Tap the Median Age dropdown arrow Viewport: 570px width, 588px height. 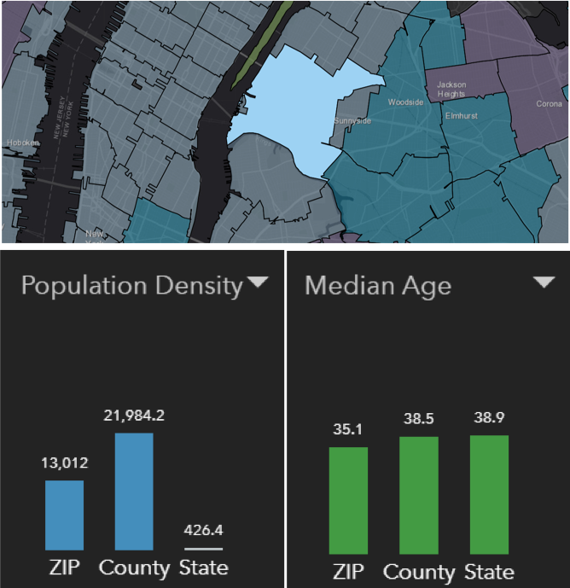pos(544,283)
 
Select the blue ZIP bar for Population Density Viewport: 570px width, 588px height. pos(64,515)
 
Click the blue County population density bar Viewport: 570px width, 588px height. pos(134,491)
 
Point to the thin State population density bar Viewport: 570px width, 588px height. pos(203,548)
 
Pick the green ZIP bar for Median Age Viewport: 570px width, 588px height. pos(348,500)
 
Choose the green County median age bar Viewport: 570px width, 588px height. pos(419,495)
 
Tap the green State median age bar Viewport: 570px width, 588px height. pos(489,494)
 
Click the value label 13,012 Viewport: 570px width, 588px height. pos(64,463)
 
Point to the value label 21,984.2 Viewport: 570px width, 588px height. pos(134,416)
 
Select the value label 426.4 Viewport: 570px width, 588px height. pos(203,530)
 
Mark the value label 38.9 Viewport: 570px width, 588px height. pos(489,418)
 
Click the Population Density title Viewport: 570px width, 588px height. pos(132,285)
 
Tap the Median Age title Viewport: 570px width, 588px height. pos(377,285)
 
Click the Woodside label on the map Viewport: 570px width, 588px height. pos(405,102)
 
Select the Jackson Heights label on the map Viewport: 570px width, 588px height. pos(451,89)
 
